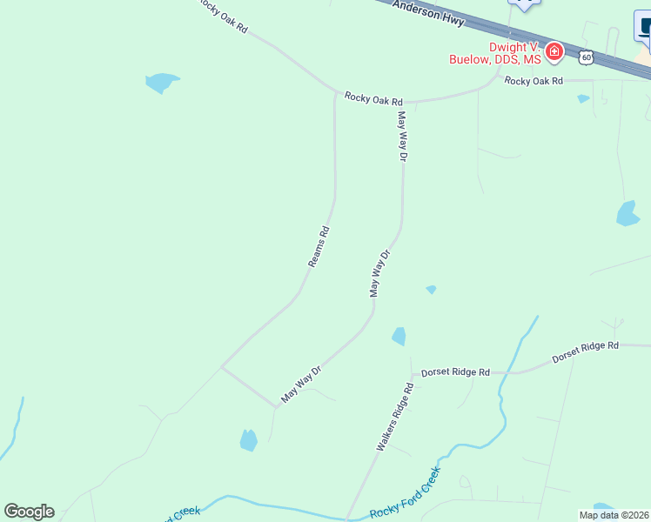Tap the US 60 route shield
(587, 57)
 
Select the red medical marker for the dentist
(554, 54)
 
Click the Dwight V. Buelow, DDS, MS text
(494, 53)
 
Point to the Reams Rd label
(319, 246)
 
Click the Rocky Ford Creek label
(405, 492)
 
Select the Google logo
(29, 512)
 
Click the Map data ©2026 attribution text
(614, 515)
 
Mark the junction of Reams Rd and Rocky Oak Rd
(336, 91)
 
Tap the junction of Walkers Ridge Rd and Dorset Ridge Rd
(412, 373)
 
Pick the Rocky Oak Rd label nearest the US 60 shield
(534, 81)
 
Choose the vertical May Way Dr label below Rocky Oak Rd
(402, 136)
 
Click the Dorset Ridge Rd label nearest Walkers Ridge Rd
(455, 372)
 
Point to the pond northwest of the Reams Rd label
(162, 83)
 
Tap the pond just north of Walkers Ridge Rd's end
(399, 336)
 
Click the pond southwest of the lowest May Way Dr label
(249, 440)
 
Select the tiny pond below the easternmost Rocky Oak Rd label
(583, 98)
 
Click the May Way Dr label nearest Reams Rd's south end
(302, 385)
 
